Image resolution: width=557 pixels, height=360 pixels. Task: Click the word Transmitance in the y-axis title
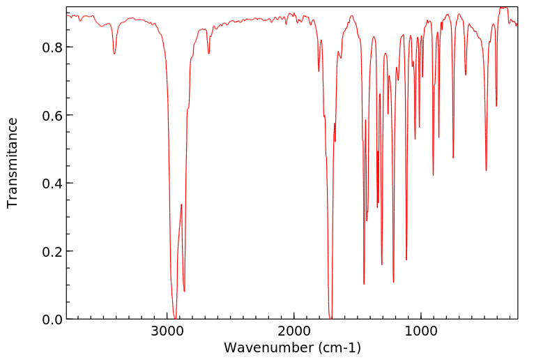13,163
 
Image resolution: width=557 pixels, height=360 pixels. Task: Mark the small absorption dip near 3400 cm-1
114,54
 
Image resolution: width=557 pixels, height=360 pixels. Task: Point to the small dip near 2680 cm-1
208,54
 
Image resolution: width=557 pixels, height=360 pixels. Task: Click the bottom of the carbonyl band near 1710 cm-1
330,317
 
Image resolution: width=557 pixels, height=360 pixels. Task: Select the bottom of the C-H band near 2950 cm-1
175,317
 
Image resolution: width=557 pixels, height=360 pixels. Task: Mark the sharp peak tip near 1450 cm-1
364,283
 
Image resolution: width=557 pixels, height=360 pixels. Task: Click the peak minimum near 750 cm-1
453,158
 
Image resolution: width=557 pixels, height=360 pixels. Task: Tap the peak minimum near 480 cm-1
486,170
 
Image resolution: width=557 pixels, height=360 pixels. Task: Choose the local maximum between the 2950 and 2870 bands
181,204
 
